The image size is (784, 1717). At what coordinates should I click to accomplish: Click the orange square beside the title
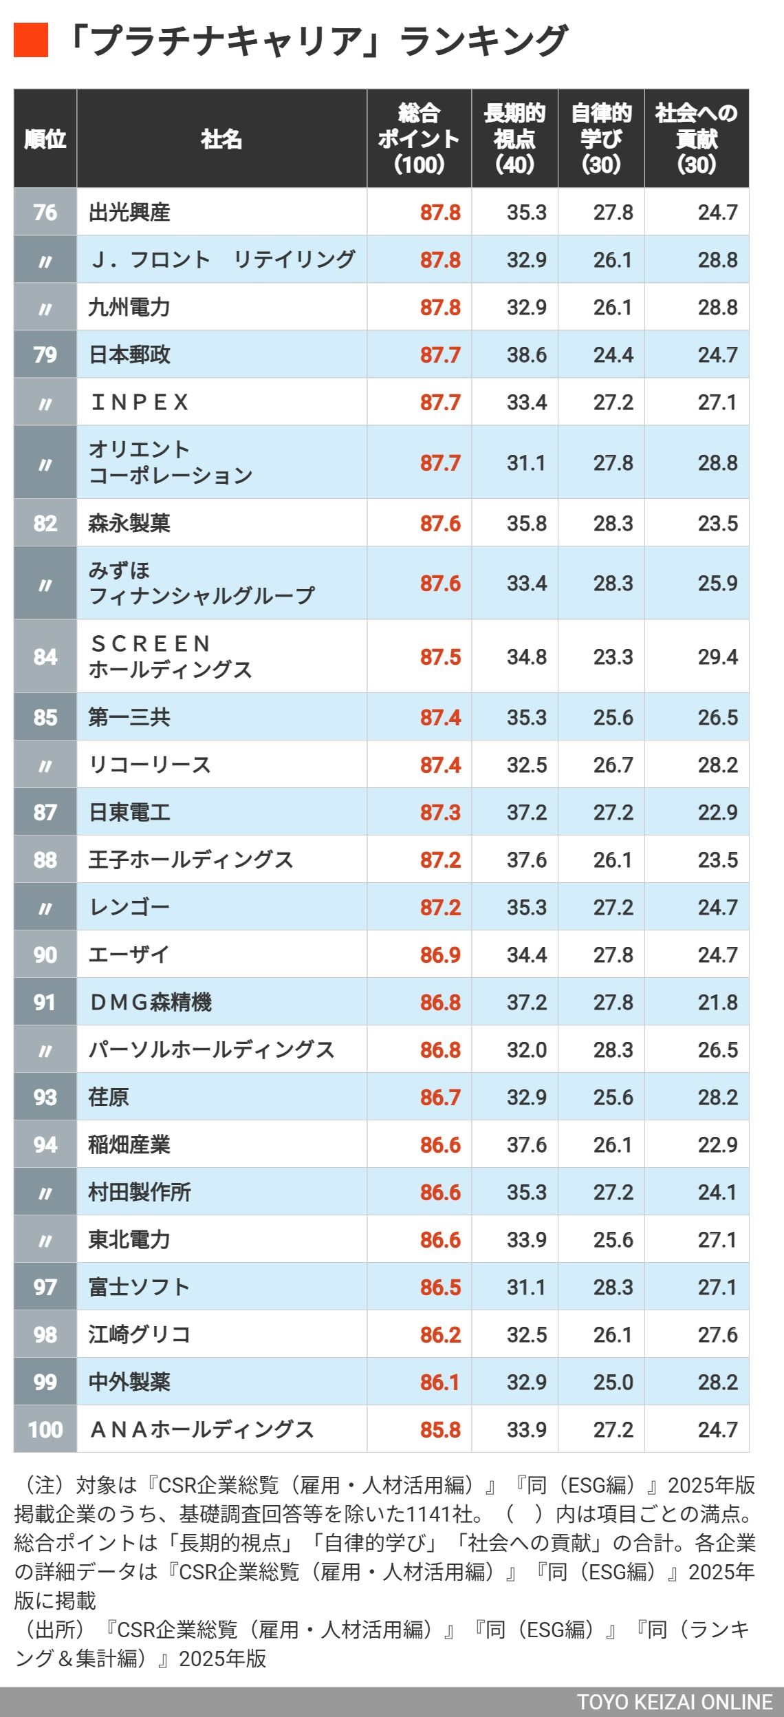[31, 40]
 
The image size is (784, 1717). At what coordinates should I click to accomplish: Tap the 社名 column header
[221, 139]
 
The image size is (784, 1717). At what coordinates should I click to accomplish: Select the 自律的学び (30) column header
[601, 138]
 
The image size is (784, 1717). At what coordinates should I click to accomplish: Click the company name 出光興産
[129, 212]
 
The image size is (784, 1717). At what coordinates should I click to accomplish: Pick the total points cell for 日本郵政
[440, 354]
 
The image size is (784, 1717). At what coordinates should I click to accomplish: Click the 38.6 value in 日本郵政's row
[527, 354]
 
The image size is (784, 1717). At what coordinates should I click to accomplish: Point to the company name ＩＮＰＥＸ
[140, 402]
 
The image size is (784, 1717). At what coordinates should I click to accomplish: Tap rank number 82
[45, 523]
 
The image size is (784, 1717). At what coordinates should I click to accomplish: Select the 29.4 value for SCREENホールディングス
[717, 657]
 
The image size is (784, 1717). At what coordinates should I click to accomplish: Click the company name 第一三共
[129, 717]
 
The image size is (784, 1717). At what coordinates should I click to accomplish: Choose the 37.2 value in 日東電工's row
[527, 812]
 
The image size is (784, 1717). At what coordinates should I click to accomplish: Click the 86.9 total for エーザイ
[440, 955]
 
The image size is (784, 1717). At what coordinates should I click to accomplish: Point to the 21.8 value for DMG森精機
[717, 1002]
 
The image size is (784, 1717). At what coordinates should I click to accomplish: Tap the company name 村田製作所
[140, 1192]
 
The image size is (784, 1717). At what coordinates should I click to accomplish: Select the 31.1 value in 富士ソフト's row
[527, 1287]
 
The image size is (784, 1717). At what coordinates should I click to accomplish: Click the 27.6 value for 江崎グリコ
[717, 1334]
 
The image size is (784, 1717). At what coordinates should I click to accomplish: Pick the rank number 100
[45, 1429]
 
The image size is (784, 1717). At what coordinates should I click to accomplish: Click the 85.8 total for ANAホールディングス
[440, 1429]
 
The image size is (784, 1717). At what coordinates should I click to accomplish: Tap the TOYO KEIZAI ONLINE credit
[675, 1702]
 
